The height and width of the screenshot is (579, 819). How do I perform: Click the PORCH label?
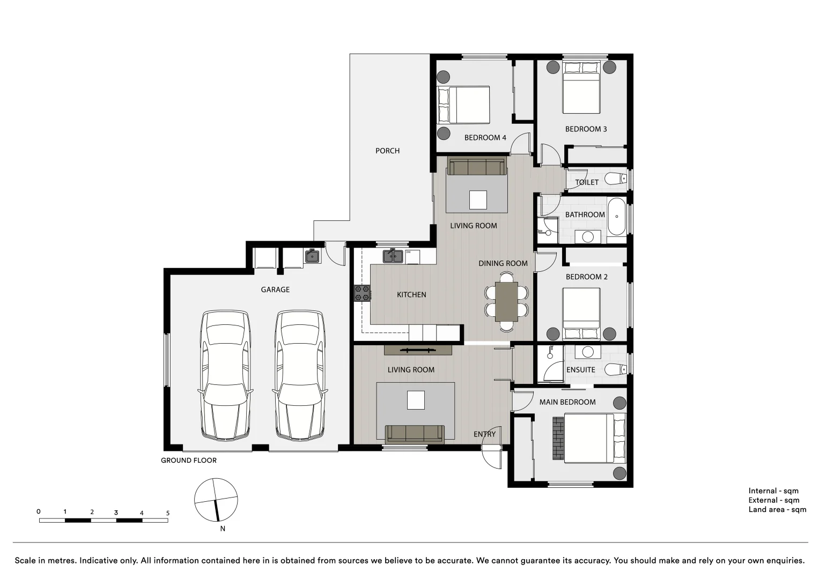(x=387, y=151)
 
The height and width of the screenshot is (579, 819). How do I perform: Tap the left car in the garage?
(x=225, y=375)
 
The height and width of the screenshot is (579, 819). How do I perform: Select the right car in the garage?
(x=300, y=375)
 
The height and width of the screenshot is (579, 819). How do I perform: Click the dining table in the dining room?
(x=506, y=301)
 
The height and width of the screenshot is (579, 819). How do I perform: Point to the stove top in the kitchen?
(x=362, y=293)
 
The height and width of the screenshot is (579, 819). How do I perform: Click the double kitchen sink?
(x=393, y=256)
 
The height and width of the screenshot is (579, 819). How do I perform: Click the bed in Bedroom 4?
(x=464, y=105)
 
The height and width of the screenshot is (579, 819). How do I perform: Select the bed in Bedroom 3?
(x=581, y=88)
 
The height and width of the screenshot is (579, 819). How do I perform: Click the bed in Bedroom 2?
(x=581, y=314)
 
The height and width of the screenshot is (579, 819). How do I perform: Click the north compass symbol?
(x=216, y=500)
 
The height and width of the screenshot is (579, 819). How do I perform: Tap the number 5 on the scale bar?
(x=167, y=513)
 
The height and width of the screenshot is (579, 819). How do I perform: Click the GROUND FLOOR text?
(x=189, y=460)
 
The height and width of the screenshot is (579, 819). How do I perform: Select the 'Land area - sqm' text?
(x=777, y=509)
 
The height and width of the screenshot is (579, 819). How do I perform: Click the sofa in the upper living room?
(x=477, y=166)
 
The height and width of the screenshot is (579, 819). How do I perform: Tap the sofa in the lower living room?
(x=415, y=433)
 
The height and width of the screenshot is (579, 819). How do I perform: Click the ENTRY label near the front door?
(x=484, y=434)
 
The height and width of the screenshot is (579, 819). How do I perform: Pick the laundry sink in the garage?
(x=312, y=256)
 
